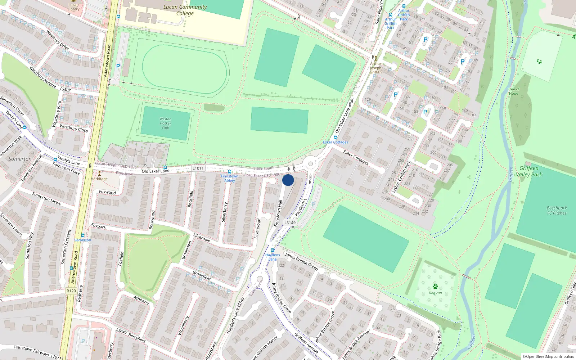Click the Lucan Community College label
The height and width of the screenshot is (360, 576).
(185, 10)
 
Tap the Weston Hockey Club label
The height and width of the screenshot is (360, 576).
(166, 123)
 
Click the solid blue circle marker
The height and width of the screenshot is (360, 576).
(288, 180)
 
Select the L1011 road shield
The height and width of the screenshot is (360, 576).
(198, 168)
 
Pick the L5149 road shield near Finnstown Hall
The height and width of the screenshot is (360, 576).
(290, 223)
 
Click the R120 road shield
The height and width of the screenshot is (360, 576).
(71, 291)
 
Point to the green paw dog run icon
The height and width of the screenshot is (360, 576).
(435, 287)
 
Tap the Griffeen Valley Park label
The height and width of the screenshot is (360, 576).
(529, 171)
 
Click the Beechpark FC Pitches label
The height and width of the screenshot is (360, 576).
(557, 211)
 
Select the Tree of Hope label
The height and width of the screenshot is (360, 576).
(514, 91)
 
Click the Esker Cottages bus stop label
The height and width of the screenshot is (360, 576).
(336, 142)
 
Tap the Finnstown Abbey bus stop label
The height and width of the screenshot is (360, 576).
(230, 178)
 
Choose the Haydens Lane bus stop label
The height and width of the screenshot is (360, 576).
(273, 257)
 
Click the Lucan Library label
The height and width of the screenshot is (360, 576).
(73, 7)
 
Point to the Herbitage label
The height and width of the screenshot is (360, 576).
(99, 179)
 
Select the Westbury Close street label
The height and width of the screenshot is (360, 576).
(74, 128)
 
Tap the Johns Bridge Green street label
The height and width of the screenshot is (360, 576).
(301, 261)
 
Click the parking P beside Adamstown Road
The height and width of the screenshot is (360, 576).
(118, 66)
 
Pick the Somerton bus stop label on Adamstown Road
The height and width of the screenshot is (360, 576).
(82, 240)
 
